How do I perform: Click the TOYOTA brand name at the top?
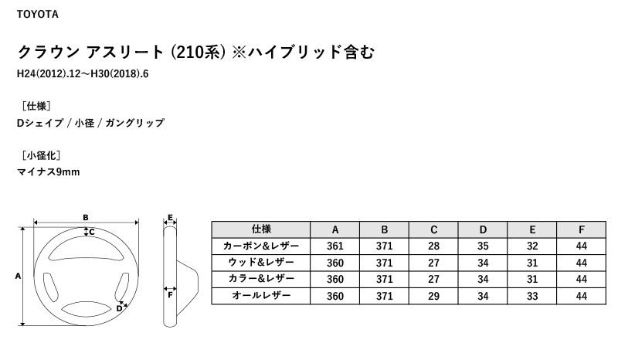pyautogui.click(x=37, y=15)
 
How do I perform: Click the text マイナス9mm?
pyautogui.click(x=49, y=172)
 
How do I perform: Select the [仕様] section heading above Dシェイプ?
pyautogui.click(x=36, y=106)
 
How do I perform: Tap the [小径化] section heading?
pyautogui.click(x=41, y=155)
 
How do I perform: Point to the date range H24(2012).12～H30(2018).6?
pyautogui.click(x=83, y=74)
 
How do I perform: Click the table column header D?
pyautogui.click(x=483, y=230)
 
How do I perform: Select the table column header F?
pyautogui.click(x=582, y=230)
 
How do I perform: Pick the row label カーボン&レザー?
pyautogui.click(x=261, y=246)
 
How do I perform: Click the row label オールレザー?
pyautogui.click(x=261, y=295)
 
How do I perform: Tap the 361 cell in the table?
pyautogui.click(x=335, y=246)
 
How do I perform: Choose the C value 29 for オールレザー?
pyautogui.click(x=433, y=296)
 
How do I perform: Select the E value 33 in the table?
pyautogui.click(x=532, y=296)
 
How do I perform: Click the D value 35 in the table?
pyautogui.click(x=483, y=246)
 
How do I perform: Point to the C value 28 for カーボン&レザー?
pyautogui.click(x=433, y=246)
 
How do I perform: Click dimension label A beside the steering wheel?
pyautogui.click(x=18, y=276)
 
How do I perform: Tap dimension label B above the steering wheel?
pyautogui.click(x=86, y=217)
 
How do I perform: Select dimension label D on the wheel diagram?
pyautogui.click(x=119, y=309)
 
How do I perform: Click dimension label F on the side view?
pyautogui.click(x=170, y=295)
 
